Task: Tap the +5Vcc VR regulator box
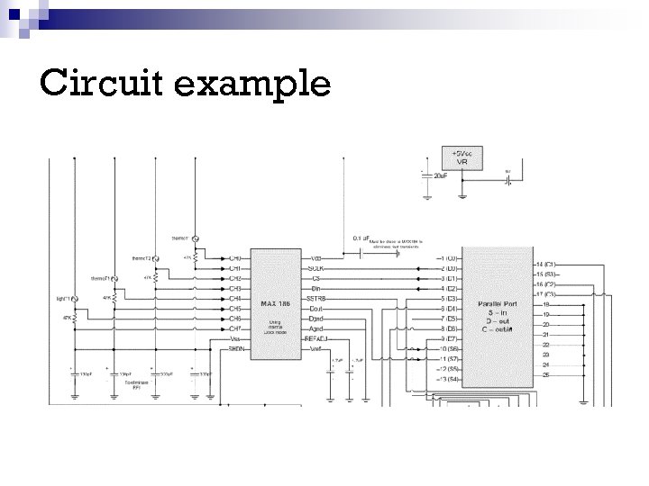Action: coord(460,157)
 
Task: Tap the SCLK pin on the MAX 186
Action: coord(315,268)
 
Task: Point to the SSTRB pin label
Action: coord(316,298)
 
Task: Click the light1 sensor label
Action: coord(63,297)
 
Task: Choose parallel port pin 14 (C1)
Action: coord(545,264)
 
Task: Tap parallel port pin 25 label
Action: coord(546,373)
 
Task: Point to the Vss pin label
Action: coord(234,338)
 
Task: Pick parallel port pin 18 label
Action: coord(546,304)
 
